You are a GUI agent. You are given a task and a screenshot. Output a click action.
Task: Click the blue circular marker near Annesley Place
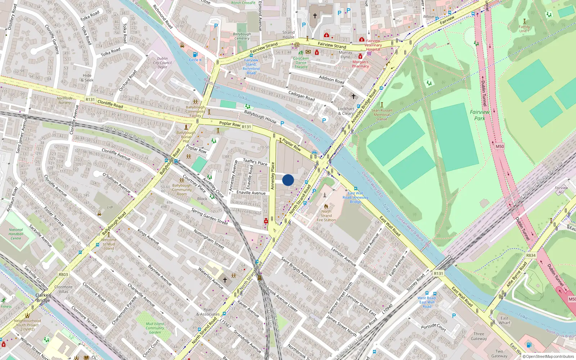288,180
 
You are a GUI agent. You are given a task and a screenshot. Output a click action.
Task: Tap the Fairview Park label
480,115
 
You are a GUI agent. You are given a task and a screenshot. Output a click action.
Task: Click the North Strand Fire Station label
326,216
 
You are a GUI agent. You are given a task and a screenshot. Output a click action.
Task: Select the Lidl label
110,207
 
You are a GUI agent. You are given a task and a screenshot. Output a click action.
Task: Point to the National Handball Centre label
16,234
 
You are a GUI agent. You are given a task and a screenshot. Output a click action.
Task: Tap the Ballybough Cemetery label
242,36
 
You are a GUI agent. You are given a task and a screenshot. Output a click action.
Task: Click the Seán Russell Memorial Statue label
382,114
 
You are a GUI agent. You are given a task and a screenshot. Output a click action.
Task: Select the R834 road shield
531,255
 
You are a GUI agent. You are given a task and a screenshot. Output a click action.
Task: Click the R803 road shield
63,274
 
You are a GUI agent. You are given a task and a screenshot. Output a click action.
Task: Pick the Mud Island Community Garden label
155,328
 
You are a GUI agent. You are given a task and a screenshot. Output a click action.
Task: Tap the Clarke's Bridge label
43,298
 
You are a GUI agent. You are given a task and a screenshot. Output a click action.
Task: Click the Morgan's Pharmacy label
360,64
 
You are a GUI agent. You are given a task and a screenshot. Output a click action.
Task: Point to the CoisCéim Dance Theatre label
301,63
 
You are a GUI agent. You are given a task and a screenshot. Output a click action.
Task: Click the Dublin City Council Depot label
162,63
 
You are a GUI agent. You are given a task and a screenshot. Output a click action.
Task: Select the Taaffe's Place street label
255,162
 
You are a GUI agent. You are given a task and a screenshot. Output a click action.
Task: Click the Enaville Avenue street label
251,193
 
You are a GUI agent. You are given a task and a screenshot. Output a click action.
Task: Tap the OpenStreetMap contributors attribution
548,356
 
